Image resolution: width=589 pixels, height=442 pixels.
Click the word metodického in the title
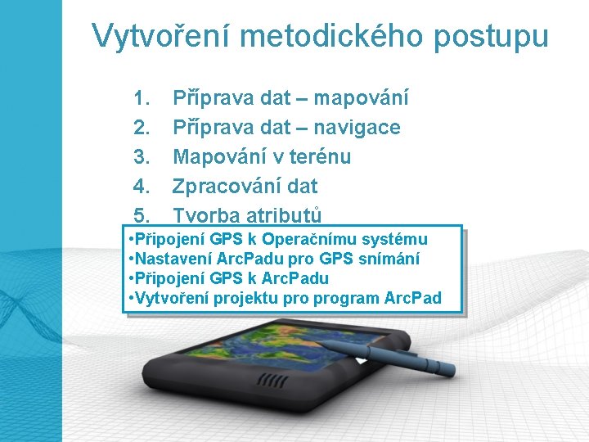pos(330,36)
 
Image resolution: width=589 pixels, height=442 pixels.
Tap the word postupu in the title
pos(494,36)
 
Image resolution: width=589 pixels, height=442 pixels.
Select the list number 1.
pos(141,98)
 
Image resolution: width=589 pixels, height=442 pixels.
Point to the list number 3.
pos(141,157)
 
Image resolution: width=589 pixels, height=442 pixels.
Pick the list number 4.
pos(141,187)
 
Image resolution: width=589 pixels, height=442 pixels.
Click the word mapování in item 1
pos(362,98)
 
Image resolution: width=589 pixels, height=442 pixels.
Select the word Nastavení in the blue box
pos(170,259)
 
